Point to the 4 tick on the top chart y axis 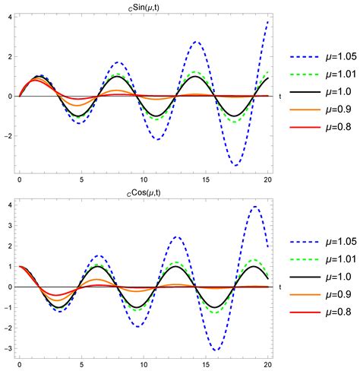click(9, 16)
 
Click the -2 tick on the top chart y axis click(7, 137)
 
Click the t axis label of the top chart click(280, 97)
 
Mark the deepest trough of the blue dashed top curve click(237, 166)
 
